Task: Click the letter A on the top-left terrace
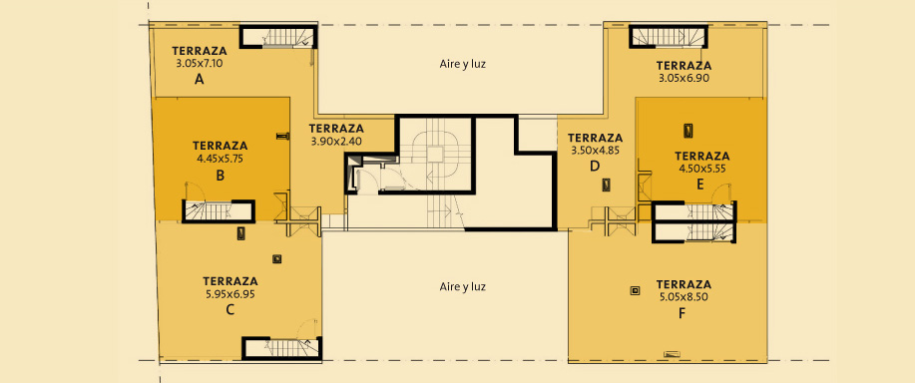tap(199, 81)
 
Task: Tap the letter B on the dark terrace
tap(220, 175)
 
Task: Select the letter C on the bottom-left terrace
tap(229, 309)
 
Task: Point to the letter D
tap(594, 167)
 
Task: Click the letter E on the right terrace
tap(700, 186)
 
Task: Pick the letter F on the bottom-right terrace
tap(682, 313)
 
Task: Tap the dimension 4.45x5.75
tap(220, 158)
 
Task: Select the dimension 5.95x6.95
tap(230, 294)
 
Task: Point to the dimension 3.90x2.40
tap(336, 141)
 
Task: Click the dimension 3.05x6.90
tap(684, 78)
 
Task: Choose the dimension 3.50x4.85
tap(595, 150)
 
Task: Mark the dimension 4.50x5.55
tap(702, 169)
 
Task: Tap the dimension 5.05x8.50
tap(684, 296)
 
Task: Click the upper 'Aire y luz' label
tap(462, 64)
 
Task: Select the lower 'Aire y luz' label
tap(462, 287)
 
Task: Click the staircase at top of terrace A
tap(279, 37)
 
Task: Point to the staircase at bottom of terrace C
tap(281, 348)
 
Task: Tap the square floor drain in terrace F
tap(635, 290)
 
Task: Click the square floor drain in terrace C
tap(277, 259)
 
